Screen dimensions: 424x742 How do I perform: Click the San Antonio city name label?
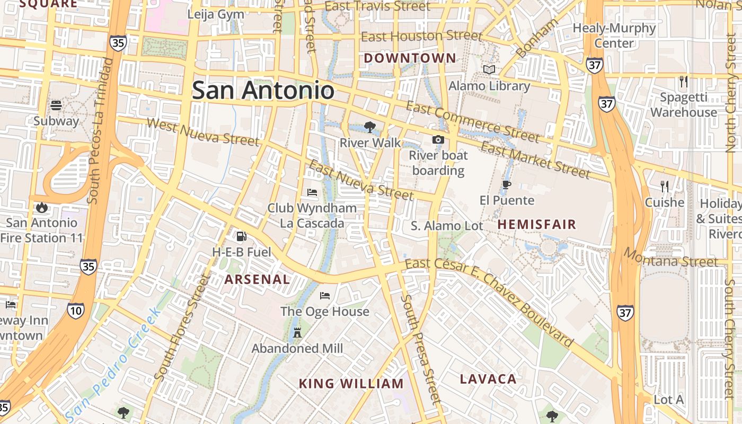coord(263,90)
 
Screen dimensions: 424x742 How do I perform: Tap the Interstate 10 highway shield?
coord(76,311)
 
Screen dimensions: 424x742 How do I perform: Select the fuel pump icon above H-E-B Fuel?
coord(241,236)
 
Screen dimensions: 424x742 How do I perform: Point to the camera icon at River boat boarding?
coord(438,139)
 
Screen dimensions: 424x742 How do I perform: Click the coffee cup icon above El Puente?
coord(507,184)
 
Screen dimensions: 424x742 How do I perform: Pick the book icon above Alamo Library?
coord(489,69)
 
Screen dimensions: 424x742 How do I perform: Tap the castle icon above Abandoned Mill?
coord(297,333)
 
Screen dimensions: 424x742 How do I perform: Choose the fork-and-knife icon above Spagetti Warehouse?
coord(684,81)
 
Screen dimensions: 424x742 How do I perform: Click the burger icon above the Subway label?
coord(56,105)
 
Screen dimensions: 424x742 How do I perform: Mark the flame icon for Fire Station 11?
coord(42,207)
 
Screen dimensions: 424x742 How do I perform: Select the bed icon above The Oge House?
coord(325,295)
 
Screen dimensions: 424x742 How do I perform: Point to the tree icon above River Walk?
coord(370,127)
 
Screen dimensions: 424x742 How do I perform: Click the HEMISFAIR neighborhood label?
coord(537,224)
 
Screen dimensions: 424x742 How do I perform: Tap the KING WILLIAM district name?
coord(351,384)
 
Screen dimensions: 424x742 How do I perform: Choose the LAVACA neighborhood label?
coord(488,379)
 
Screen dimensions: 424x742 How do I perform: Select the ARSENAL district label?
coord(257,279)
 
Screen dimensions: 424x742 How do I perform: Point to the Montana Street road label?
coord(670,258)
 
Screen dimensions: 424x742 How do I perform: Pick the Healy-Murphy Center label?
coord(614,36)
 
